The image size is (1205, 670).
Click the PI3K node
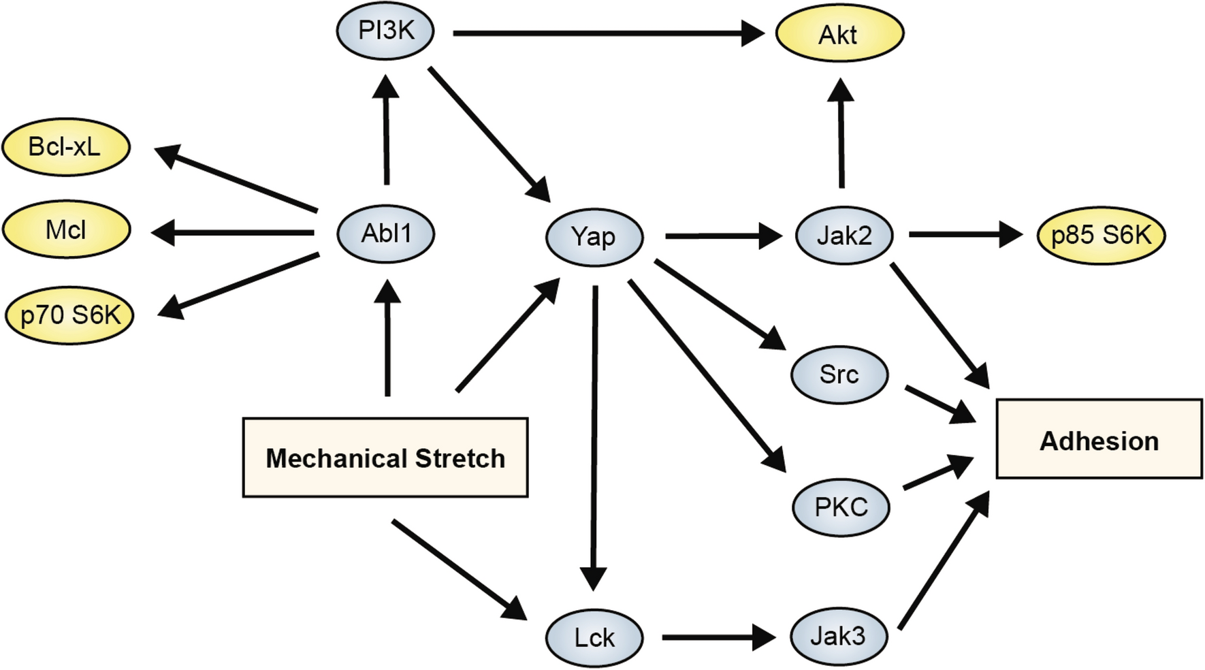[x=385, y=31]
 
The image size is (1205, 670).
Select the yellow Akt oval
[x=839, y=34]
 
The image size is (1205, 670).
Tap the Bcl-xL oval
[x=65, y=147]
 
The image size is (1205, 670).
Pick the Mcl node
[x=65, y=230]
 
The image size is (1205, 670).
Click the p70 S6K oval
[x=69, y=315]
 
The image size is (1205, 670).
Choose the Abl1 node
[x=386, y=234]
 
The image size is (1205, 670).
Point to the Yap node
[x=594, y=237]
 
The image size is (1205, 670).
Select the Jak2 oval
[x=843, y=236]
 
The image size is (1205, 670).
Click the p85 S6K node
[x=1100, y=235]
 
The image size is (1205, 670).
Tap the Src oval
[x=839, y=374]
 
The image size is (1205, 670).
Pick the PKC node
[x=841, y=507]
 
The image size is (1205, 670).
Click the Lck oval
[x=594, y=638]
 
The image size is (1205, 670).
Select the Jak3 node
[x=838, y=636]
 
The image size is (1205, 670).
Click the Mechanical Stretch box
[x=385, y=458]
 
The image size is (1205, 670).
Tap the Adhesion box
[x=1099, y=440]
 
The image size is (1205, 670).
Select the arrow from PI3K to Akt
[x=606, y=33]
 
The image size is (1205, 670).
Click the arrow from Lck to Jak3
[x=718, y=637]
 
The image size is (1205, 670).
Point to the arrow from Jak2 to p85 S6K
[x=963, y=235]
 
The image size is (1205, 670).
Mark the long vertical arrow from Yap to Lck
[x=594, y=436]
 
